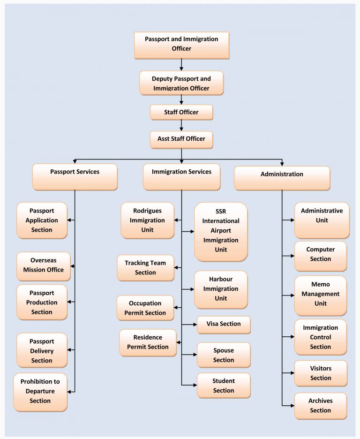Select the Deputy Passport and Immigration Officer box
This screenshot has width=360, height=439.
(181, 83)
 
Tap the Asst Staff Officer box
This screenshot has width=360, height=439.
(181, 139)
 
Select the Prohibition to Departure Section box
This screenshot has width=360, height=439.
(40, 392)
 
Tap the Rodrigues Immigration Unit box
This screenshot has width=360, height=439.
(148, 220)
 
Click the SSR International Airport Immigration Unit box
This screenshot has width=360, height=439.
(221, 231)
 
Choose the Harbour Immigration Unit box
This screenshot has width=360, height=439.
(221, 289)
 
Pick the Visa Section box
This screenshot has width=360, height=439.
(224, 325)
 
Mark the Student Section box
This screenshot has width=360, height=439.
(224, 386)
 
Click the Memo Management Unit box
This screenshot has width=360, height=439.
(321, 295)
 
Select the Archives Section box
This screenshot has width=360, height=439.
(321, 406)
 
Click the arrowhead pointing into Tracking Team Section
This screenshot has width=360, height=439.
(177, 268)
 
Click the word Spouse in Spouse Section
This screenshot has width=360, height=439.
(224, 350)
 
